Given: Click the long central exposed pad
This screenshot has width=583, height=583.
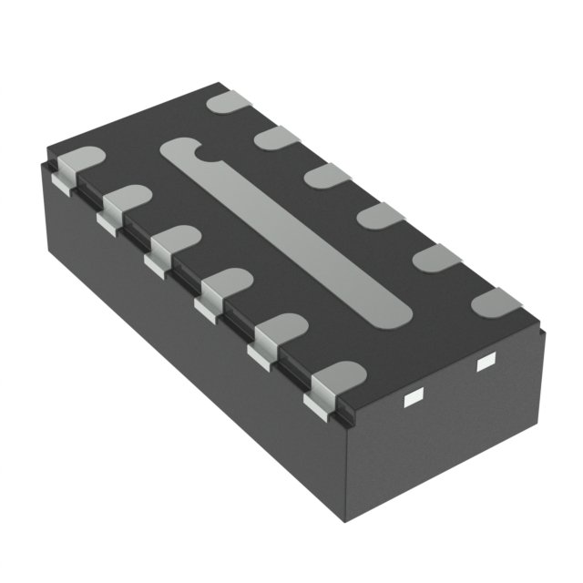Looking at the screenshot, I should [x=287, y=232].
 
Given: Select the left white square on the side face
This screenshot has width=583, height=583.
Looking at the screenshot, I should [x=414, y=396].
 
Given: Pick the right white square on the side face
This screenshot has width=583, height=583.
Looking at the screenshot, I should [x=484, y=364].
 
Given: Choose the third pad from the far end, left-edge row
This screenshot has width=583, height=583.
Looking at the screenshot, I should [x=173, y=241].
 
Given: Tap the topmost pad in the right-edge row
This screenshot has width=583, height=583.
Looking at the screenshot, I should [x=229, y=101].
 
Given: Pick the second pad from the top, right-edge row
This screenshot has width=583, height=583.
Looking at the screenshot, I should [x=277, y=138].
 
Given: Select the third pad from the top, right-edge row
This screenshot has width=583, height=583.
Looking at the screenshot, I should [x=327, y=175].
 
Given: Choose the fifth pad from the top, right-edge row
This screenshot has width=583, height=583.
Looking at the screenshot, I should [x=436, y=257].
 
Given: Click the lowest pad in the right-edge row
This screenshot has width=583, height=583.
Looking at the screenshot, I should [x=497, y=302].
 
